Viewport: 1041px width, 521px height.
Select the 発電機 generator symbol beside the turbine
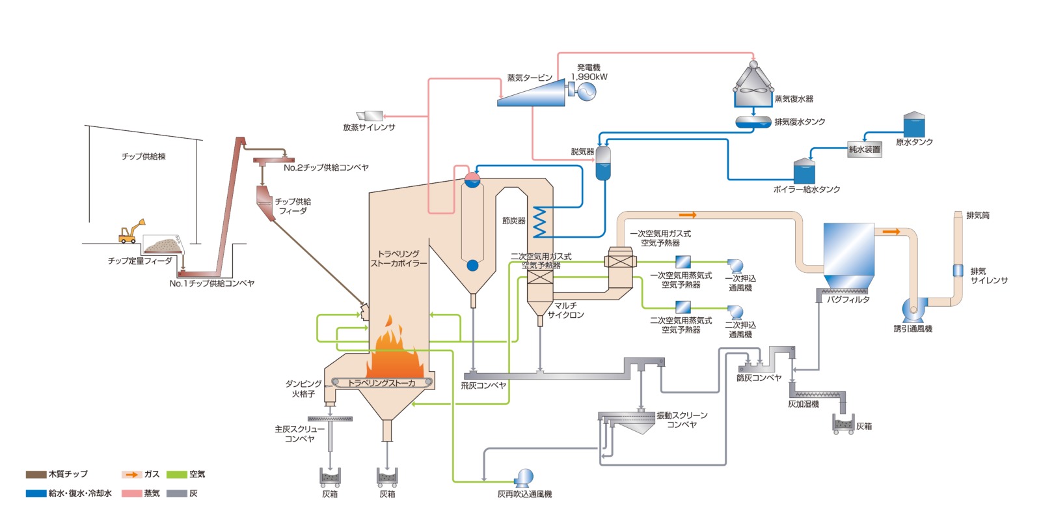(585, 91)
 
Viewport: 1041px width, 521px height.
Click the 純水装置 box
(864, 149)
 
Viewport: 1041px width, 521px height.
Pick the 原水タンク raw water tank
(913, 125)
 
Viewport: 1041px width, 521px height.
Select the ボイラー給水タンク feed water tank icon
(804, 172)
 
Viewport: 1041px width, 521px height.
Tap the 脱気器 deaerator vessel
(603, 163)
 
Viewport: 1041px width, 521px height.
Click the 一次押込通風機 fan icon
(735, 266)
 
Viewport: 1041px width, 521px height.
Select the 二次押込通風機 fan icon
(735, 312)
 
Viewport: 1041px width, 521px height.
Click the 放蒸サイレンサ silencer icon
(370, 116)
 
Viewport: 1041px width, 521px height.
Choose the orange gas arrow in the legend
(132, 474)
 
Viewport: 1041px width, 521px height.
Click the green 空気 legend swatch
(177, 474)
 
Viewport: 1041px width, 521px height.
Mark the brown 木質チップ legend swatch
(36, 474)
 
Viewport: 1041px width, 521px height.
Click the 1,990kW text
(589, 77)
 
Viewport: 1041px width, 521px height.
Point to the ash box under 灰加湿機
(844, 425)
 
